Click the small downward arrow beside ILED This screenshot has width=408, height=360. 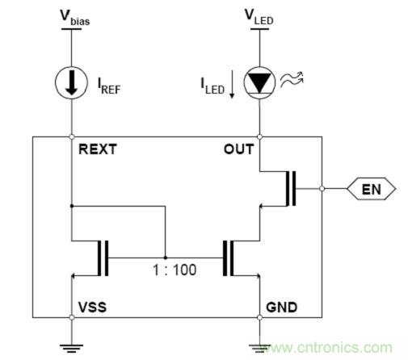(231, 86)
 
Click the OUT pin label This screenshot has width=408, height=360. (238, 149)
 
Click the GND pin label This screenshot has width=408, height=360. (280, 308)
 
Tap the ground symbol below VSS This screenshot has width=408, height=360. (73, 345)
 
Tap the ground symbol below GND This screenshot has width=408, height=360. (259, 345)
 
